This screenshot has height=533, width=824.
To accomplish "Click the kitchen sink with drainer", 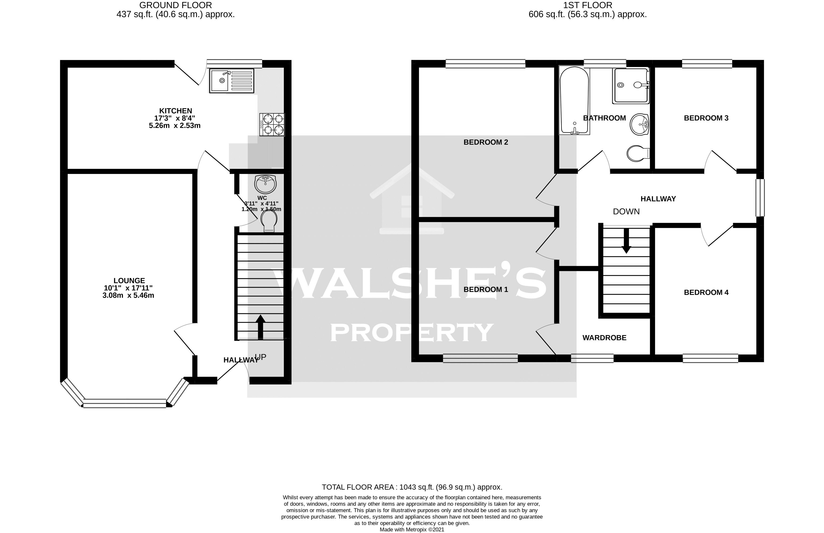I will [x=231, y=80].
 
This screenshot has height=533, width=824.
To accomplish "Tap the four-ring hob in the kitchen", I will [x=272, y=124].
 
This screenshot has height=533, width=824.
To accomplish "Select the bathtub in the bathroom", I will [x=574, y=100].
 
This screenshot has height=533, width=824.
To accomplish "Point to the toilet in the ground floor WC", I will [x=269, y=221].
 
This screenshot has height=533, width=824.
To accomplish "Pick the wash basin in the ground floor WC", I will [x=265, y=184].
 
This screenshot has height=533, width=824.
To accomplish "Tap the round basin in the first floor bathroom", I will [x=639, y=124].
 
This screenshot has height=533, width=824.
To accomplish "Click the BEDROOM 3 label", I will [x=706, y=118].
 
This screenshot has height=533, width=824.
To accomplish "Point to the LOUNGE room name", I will [x=129, y=281].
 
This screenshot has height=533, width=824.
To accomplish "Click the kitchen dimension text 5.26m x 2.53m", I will [x=175, y=126].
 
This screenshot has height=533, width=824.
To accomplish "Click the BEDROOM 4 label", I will [x=706, y=292].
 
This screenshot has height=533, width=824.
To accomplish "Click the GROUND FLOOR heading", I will [x=176, y=5].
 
